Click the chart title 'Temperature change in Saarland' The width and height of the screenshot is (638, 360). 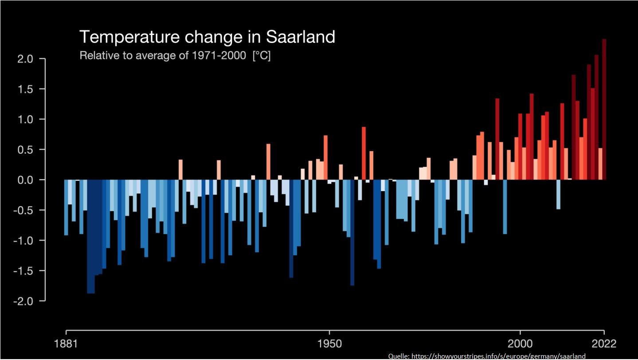[x=207, y=37]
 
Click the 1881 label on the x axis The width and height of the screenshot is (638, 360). [x=66, y=344]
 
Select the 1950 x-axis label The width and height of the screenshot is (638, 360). [x=329, y=344]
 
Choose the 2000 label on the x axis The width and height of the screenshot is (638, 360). [x=520, y=344]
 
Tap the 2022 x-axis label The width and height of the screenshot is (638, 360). [x=604, y=344]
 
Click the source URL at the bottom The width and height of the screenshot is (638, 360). [x=486, y=356]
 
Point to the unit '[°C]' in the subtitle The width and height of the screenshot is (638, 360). [x=261, y=56]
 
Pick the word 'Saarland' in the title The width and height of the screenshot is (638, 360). [x=300, y=37]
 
